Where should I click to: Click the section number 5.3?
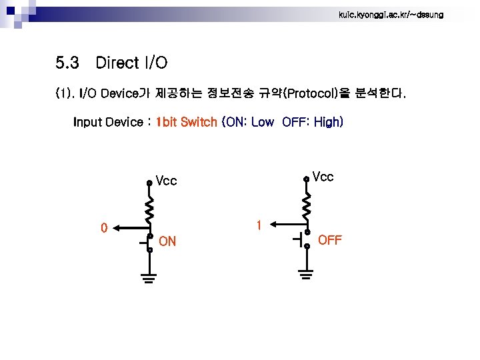(x=68, y=63)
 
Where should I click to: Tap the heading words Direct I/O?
(x=131, y=63)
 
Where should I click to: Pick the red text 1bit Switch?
(x=186, y=122)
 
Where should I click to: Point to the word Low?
(x=262, y=122)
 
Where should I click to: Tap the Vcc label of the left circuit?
(x=166, y=181)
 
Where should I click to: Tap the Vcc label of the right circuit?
(x=323, y=177)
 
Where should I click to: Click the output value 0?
(x=103, y=228)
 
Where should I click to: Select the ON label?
(x=168, y=241)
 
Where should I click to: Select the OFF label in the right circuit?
(x=330, y=240)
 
